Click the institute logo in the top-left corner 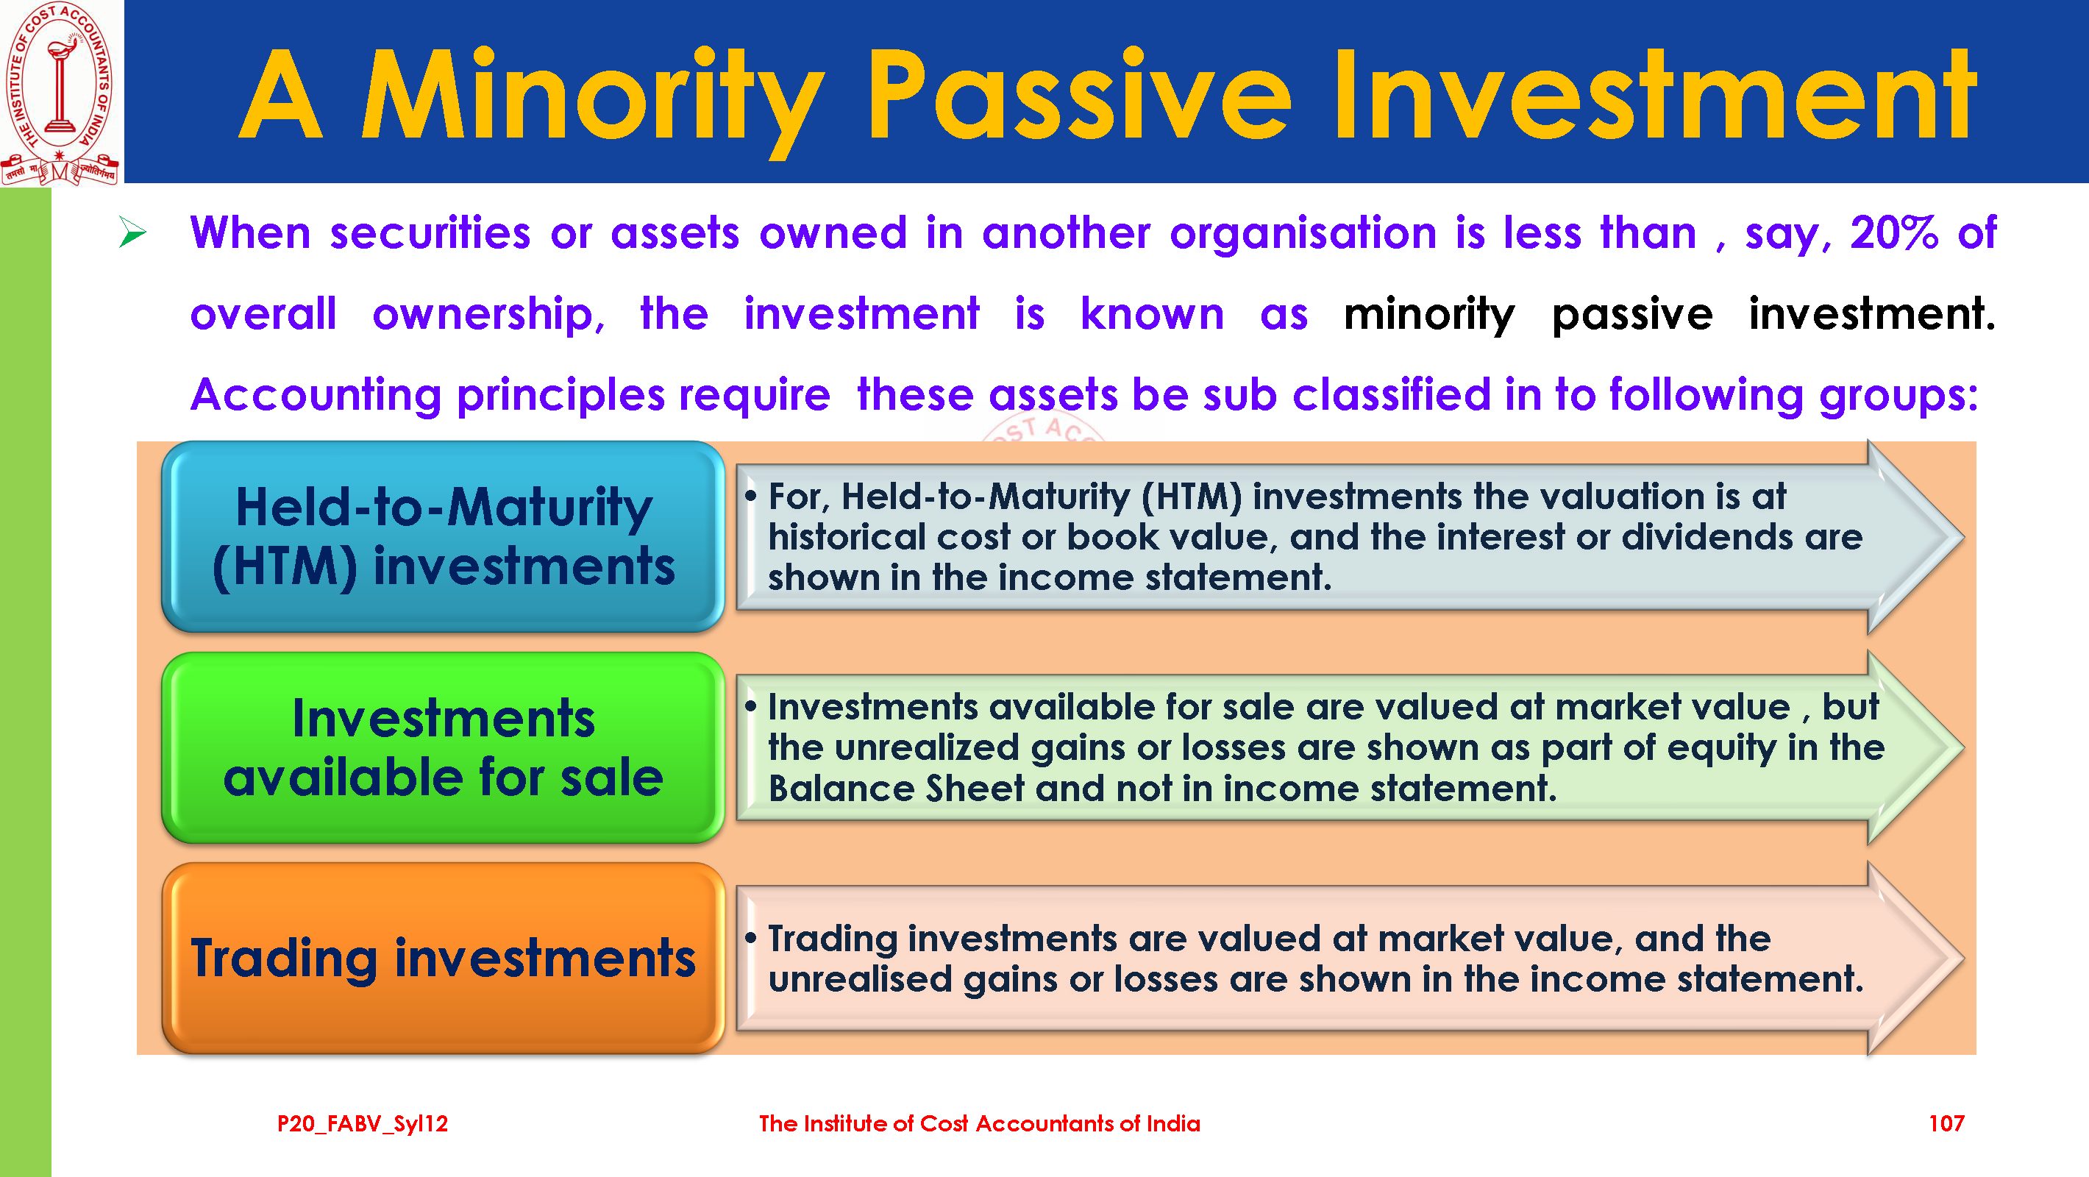pos(61,93)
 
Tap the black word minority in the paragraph pos(1429,315)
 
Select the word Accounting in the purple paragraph pos(316,396)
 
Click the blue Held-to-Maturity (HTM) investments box pos(443,537)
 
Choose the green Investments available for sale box pos(443,748)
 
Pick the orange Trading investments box pos(443,959)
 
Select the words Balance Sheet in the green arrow pos(896,789)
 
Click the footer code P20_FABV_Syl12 pos(363,1124)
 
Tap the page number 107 pos(1946,1123)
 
